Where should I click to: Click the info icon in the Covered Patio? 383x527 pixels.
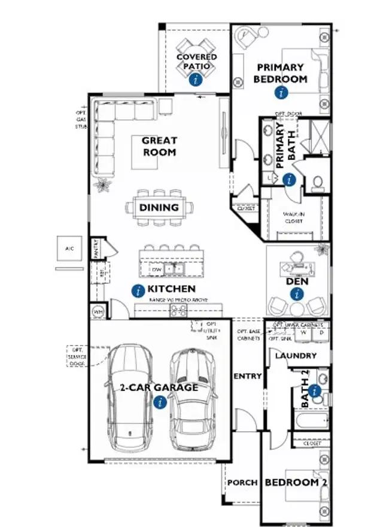[x=194, y=79]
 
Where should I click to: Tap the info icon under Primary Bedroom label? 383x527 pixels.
[x=281, y=92]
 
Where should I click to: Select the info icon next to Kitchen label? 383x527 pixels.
[x=138, y=291]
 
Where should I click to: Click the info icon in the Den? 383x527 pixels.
[x=297, y=293]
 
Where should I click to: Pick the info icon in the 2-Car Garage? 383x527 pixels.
[x=159, y=402]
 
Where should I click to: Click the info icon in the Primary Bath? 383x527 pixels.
[x=289, y=179]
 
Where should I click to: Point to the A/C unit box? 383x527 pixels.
[x=69, y=249]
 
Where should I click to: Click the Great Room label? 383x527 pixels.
[x=159, y=147]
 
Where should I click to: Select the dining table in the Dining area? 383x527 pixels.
[x=160, y=208]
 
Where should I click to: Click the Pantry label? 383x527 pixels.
[x=95, y=249]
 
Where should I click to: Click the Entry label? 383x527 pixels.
[x=247, y=376]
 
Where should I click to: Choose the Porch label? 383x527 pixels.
[x=242, y=482]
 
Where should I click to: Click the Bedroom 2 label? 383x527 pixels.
[x=296, y=482]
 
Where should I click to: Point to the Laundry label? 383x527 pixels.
[x=296, y=356]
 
